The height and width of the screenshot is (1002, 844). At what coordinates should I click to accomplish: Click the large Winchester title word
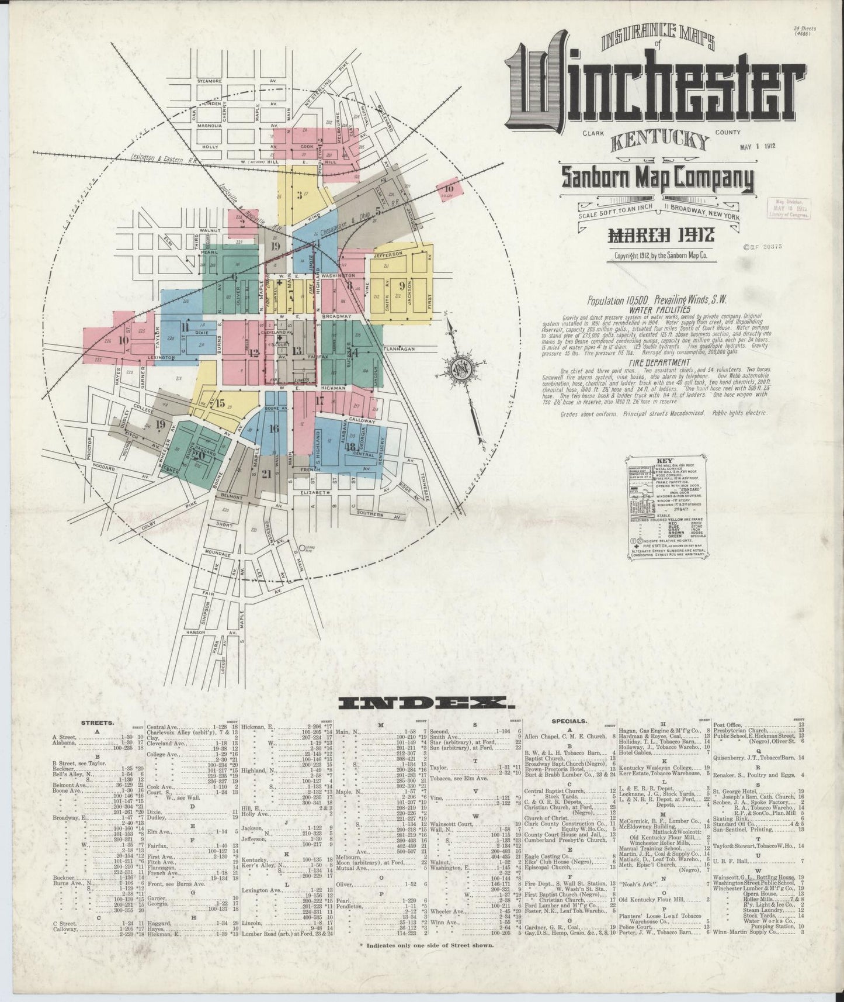coord(654,88)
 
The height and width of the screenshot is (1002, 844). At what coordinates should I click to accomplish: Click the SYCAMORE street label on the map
coord(209,81)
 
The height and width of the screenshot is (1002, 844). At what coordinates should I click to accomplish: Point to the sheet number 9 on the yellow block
coord(402,285)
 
